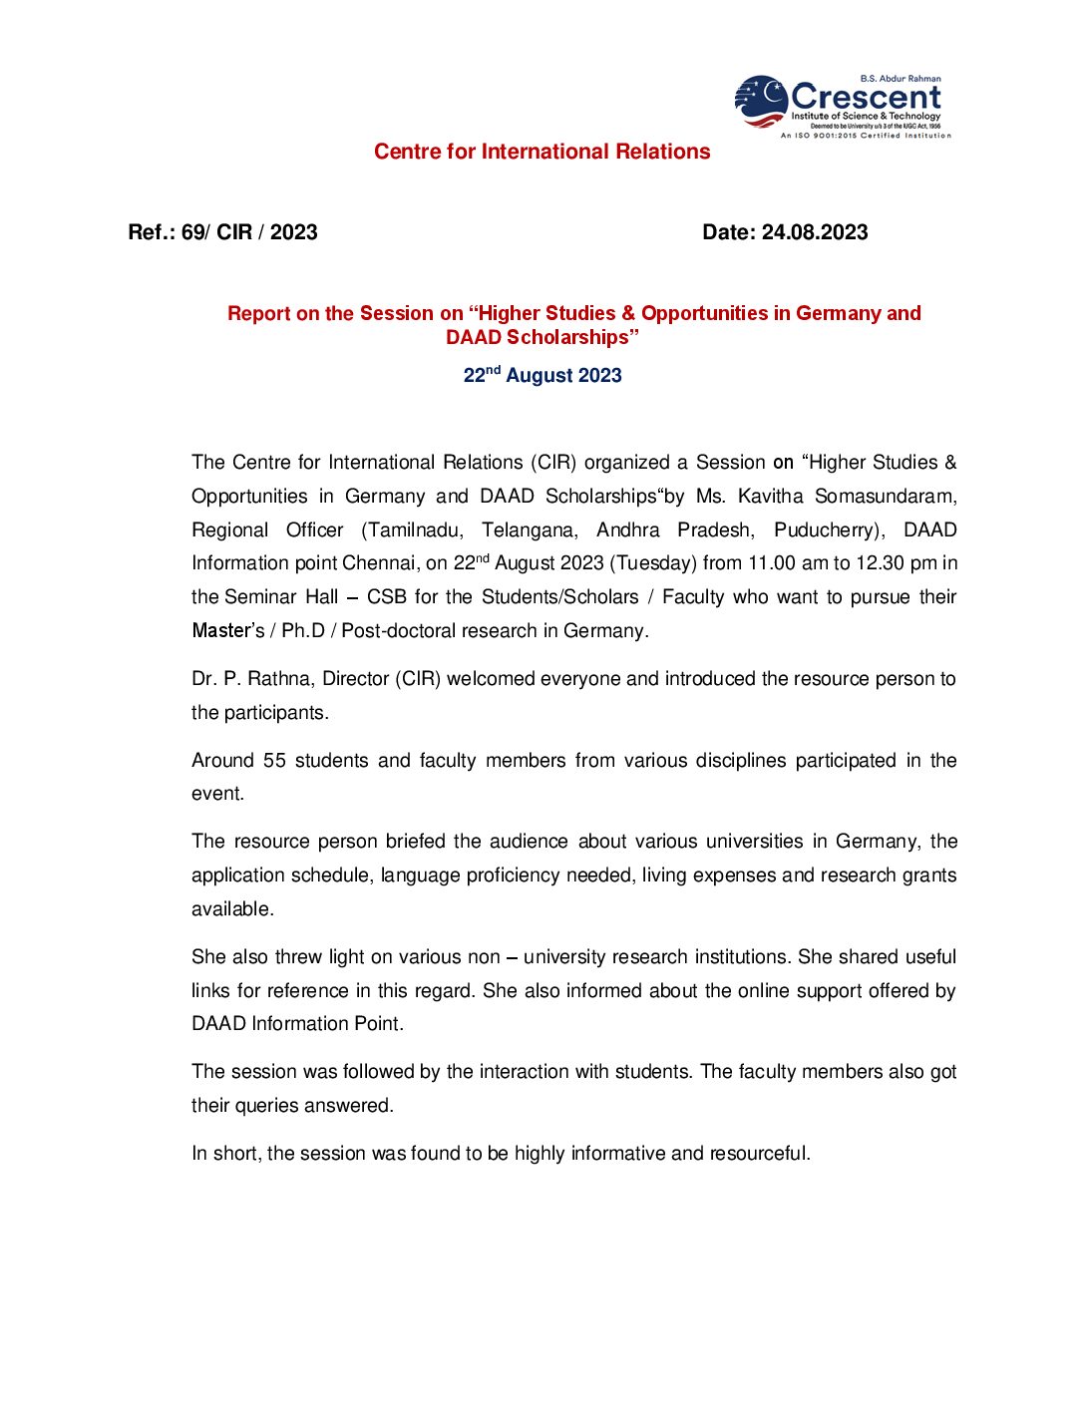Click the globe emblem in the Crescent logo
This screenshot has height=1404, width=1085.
click(x=761, y=102)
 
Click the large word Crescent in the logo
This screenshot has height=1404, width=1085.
click(x=866, y=97)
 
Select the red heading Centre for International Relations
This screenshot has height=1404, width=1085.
click(x=542, y=152)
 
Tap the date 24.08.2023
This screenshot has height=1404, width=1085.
click(x=815, y=232)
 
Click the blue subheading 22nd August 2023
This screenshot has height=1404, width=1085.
click(x=542, y=375)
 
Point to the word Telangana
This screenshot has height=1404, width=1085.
click(x=530, y=529)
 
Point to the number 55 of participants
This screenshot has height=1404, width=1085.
click(x=274, y=761)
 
